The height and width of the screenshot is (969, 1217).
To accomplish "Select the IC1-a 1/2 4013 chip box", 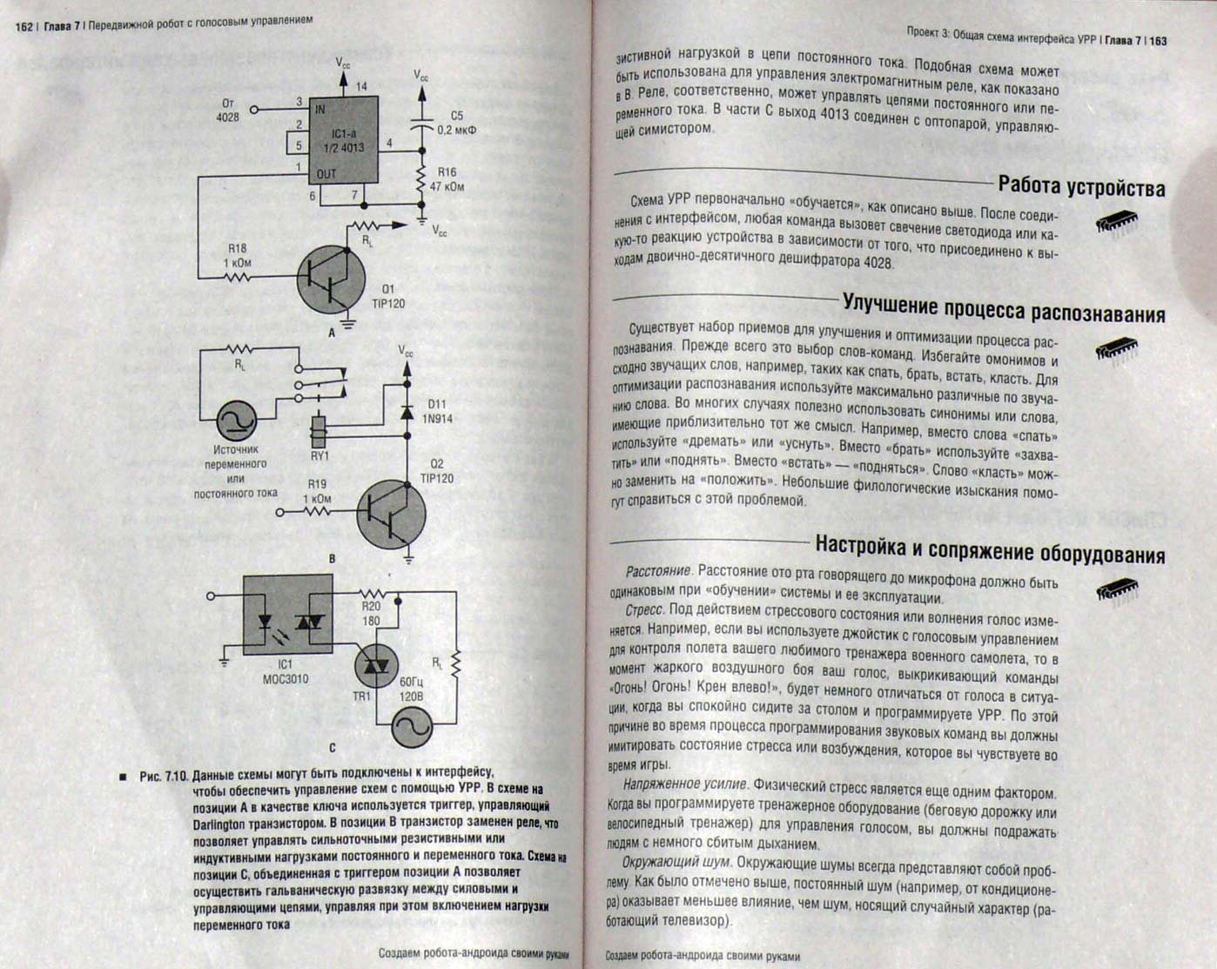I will pos(346,142).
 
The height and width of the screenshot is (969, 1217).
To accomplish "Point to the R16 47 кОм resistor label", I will pos(448,179).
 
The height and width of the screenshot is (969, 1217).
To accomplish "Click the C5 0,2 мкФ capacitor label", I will pos(456,123).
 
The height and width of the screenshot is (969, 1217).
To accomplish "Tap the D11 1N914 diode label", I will pos(437,412).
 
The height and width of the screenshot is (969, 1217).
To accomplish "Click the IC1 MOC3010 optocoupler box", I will pos(286,622).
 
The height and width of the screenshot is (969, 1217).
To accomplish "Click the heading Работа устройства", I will pos(1080,187).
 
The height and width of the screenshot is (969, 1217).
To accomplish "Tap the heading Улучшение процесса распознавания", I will pos(1003,307).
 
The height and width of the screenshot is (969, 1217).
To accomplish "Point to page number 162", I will pos(24,27).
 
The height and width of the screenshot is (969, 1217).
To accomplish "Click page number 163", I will pos(1157,40).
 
